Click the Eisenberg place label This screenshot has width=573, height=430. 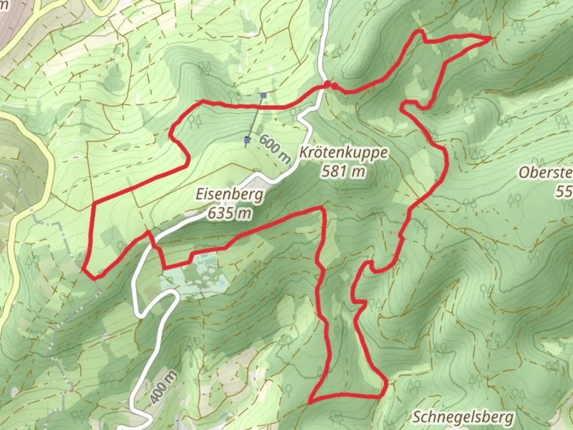(x=230, y=195)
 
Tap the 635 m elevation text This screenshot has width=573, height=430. (x=230, y=213)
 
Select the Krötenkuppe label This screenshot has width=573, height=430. (x=343, y=152)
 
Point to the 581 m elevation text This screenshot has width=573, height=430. (x=343, y=171)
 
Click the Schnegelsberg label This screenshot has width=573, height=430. (x=463, y=417)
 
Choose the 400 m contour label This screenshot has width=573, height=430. (x=163, y=387)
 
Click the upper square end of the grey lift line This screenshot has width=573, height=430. (x=263, y=95)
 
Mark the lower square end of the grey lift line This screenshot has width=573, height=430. (x=248, y=140)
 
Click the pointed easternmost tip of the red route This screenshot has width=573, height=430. (x=492, y=37)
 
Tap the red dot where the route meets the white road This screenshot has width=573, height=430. (x=327, y=84)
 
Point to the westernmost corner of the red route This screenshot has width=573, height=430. (x=84, y=270)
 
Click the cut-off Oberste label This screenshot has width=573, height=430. (x=546, y=173)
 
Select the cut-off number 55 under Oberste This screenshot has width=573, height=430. (x=564, y=192)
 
